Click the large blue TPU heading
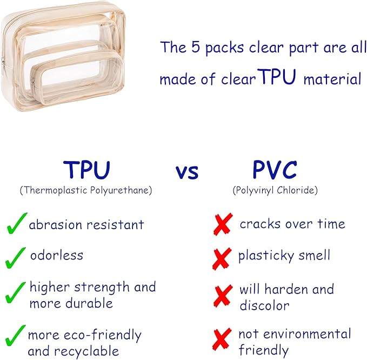click(x=86, y=170)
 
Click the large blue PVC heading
click(x=275, y=170)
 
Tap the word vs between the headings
click(x=187, y=172)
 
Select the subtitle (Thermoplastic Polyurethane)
click(x=86, y=190)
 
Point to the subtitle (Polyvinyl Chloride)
click(x=275, y=190)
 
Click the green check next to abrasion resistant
click(x=16, y=224)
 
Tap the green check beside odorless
click(x=16, y=257)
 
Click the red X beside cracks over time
click(x=223, y=224)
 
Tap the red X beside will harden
click(x=223, y=296)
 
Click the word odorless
click(x=56, y=255)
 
